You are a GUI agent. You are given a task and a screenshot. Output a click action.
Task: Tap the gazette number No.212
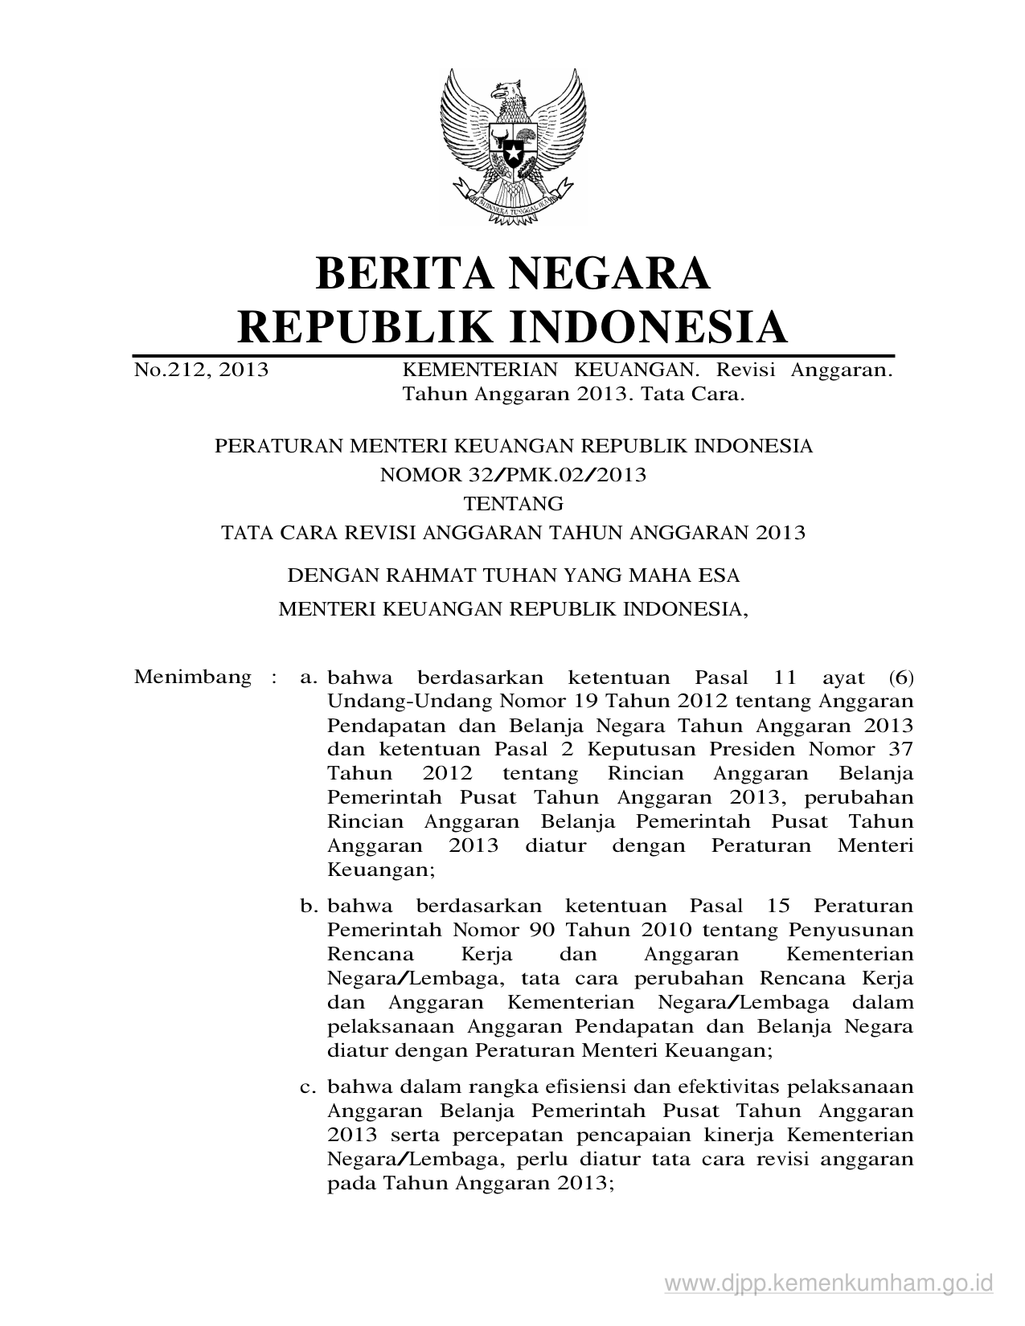(168, 370)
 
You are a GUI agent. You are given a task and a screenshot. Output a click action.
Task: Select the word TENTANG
(514, 504)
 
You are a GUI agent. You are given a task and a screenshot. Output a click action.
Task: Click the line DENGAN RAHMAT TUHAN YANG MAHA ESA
(514, 575)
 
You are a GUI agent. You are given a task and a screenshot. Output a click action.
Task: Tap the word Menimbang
(193, 677)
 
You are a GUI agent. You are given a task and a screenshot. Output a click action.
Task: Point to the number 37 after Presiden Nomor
(898, 749)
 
